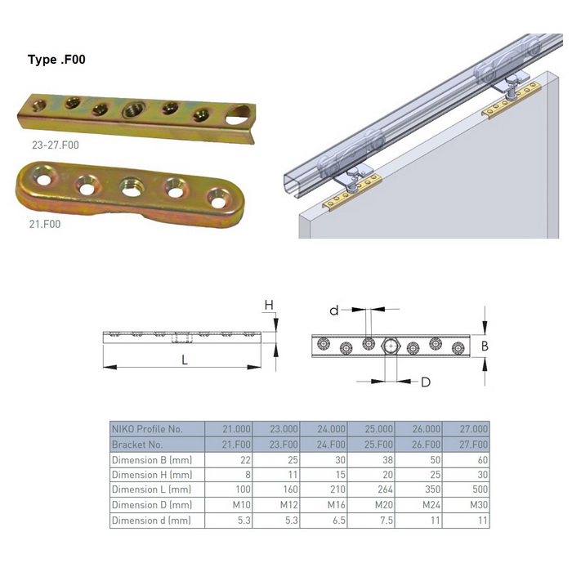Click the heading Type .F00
pos(56,60)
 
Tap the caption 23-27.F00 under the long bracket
pos(56,145)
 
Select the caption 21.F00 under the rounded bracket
pos(45,224)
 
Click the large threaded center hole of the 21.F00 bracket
pos(132,186)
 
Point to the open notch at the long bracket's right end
pos(238,115)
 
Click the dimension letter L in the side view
pos(185,360)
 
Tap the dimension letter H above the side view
pos(269,305)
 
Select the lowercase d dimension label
pos(333,311)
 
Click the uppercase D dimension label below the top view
pos(426,382)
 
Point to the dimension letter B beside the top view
pos(485,346)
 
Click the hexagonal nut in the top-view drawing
pos(391,346)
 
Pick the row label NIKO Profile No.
pos(147,429)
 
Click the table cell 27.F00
pos(473,445)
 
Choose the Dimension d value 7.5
pos(387,521)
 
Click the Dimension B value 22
pos(245,460)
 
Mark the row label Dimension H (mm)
pos(152,475)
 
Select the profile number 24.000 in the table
pos(331,429)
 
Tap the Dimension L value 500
pos(480,489)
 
